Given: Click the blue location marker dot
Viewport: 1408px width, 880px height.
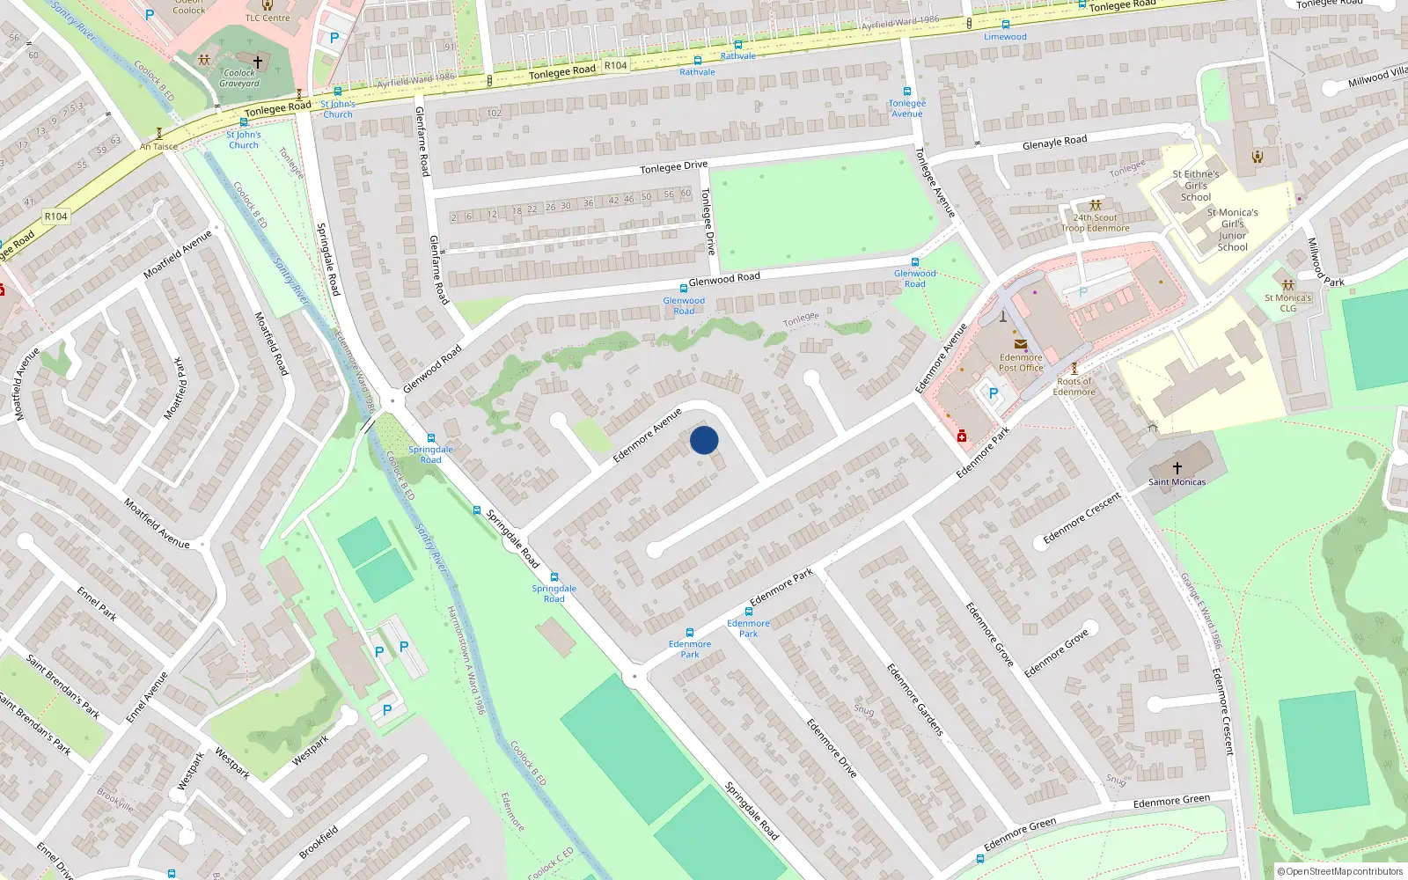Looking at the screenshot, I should coord(704,440).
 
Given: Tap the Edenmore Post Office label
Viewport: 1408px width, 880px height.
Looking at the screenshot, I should coord(1021,363).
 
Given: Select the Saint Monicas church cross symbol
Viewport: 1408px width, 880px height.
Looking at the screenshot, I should coord(1177,467).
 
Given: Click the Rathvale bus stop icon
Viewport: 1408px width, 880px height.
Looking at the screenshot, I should coord(698,61).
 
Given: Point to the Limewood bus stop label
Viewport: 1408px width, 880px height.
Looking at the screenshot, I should coord(1005,37).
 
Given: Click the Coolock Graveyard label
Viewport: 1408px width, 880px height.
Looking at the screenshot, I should coord(239,78).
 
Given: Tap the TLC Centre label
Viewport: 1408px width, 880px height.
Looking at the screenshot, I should coord(268,18).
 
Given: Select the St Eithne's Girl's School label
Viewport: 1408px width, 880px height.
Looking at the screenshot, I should coord(1195,186).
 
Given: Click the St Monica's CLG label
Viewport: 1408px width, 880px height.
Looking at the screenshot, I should coord(1287,303).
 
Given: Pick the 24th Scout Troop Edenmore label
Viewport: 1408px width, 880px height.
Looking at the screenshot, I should coord(1095,223).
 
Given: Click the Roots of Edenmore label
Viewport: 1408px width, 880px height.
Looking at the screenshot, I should coord(1074,386).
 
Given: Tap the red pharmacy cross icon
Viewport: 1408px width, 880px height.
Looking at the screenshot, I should coord(962,436).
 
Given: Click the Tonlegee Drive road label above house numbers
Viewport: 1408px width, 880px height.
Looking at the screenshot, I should coord(673,167).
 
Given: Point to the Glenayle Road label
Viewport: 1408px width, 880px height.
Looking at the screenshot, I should coord(1054,142).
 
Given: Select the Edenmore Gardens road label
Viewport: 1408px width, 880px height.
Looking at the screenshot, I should coord(914,700).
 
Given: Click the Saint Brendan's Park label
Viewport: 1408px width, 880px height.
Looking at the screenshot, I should coord(62,687).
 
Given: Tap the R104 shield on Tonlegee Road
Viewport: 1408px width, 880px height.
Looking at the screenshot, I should coord(615,65).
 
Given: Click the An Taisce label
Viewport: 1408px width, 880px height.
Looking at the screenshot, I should coord(158,147).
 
